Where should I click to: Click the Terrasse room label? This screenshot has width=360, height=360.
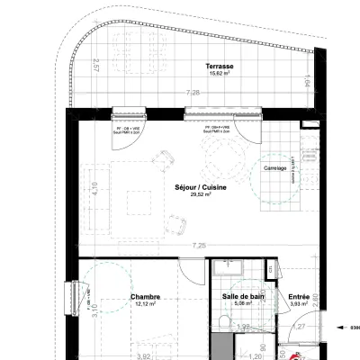[x=219, y=67]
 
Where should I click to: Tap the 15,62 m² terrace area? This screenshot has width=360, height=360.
[x=219, y=75]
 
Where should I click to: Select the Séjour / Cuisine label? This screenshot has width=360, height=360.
[x=200, y=187]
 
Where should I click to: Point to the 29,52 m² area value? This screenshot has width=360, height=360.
[x=200, y=195]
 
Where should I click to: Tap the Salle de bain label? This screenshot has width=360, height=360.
[x=243, y=296]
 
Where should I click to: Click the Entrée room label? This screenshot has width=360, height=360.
[x=299, y=296]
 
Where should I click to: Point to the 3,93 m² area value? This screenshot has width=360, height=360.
[x=299, y=304]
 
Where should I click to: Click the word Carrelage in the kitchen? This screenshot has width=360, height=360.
[x=274, y=168]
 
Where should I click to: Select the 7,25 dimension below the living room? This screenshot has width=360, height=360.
[x=198, y=246]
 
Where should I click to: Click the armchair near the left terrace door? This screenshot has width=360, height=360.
[x=165, y=160]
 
